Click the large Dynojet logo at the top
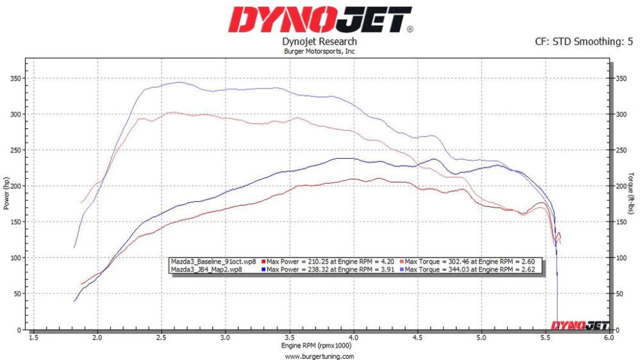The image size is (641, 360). (x=320, y=20)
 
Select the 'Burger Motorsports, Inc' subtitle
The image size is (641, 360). (x=319, y=51)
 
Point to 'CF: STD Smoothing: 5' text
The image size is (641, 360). (x=584, y=42)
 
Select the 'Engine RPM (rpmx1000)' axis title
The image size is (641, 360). (x=319, y=346)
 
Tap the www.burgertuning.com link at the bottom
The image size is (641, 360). (x=319, y=356)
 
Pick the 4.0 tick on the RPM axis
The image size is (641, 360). (x=354, y=337)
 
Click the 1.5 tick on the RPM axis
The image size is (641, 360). (x=33, y=337)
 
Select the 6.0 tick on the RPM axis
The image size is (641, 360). (x=608, y=337)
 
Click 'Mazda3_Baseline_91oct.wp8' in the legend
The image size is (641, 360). (x=213, y=261)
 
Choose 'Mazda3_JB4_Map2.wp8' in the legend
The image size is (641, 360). (x=206, y=270)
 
